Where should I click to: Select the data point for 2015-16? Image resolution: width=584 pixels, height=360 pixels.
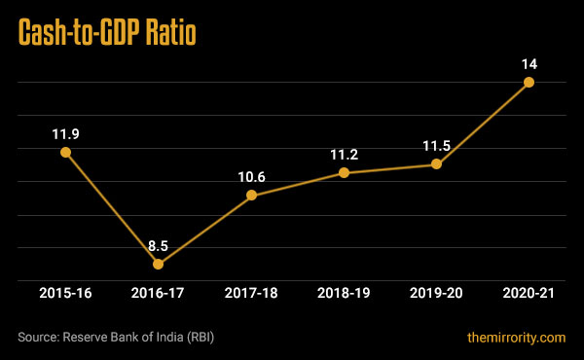[65, 152]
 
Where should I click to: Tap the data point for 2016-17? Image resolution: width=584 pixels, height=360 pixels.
[158, 264]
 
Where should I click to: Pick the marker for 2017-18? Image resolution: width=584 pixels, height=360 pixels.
[251, 195]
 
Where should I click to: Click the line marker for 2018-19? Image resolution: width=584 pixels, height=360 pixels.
[344, 173]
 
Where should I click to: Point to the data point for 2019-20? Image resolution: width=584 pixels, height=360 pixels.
[436, 163]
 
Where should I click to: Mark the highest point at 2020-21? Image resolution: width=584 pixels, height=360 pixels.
[529, 82]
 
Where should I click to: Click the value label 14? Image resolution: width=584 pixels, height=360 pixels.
[529, 63]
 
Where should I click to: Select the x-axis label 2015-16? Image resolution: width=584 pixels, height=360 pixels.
[65, 294]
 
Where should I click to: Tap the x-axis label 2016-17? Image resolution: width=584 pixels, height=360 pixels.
[158, 294]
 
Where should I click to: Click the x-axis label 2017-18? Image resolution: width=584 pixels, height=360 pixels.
[251, 294]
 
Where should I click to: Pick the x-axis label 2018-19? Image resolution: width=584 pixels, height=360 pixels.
[344, 294]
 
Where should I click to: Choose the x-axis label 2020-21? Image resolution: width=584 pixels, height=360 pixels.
[529, 294]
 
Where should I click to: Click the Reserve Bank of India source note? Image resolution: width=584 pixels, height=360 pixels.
[116, 338]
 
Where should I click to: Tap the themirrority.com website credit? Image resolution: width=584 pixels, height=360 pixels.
[516, 338]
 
